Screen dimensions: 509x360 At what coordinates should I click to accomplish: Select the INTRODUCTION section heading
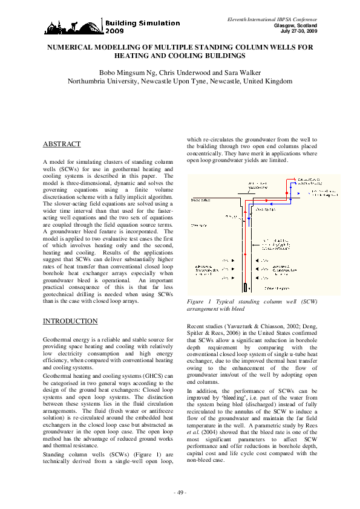(70, 321)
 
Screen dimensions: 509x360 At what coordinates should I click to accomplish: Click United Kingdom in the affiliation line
(266, 80)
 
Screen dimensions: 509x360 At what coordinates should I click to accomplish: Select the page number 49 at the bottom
(180, 493)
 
